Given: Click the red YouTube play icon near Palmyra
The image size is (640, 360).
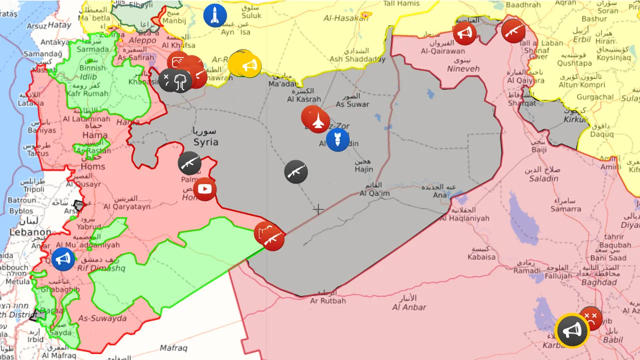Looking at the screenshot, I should (x=204, y=189).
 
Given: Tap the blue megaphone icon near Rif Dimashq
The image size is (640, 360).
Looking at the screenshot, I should (x=63, y=259).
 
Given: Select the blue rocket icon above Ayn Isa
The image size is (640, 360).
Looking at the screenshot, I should (x=215, y=15).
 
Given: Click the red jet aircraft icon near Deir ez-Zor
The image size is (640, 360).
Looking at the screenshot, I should (x=318, y=121).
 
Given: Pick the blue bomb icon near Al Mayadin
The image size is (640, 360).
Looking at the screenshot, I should (x=337, y=139).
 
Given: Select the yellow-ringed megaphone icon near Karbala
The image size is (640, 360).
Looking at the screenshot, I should (x=571, y=330).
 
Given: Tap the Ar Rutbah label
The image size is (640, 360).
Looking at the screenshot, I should (x=328, y=300).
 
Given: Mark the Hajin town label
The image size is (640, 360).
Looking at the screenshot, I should (x=364, y=169).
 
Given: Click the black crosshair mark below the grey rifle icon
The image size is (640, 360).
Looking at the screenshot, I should (x=318, y=209).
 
